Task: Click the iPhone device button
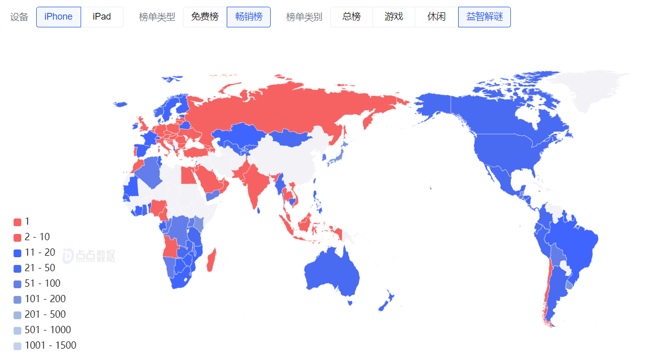pos(58,17)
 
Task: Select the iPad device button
pos(102,17)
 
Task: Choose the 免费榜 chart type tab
pos(205,17)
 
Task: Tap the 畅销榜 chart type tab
pos(248,17)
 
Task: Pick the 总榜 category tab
pos(351,17)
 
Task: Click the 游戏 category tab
pos(394,17)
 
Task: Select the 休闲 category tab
pos(437,17)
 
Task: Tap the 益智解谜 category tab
pos(484,17)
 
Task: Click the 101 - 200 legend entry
pos(39,299)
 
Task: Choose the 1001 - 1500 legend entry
pos(44,346)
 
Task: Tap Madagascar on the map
pos(211,260)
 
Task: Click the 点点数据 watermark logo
pos(88,255)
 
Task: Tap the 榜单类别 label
pos(304,17)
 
